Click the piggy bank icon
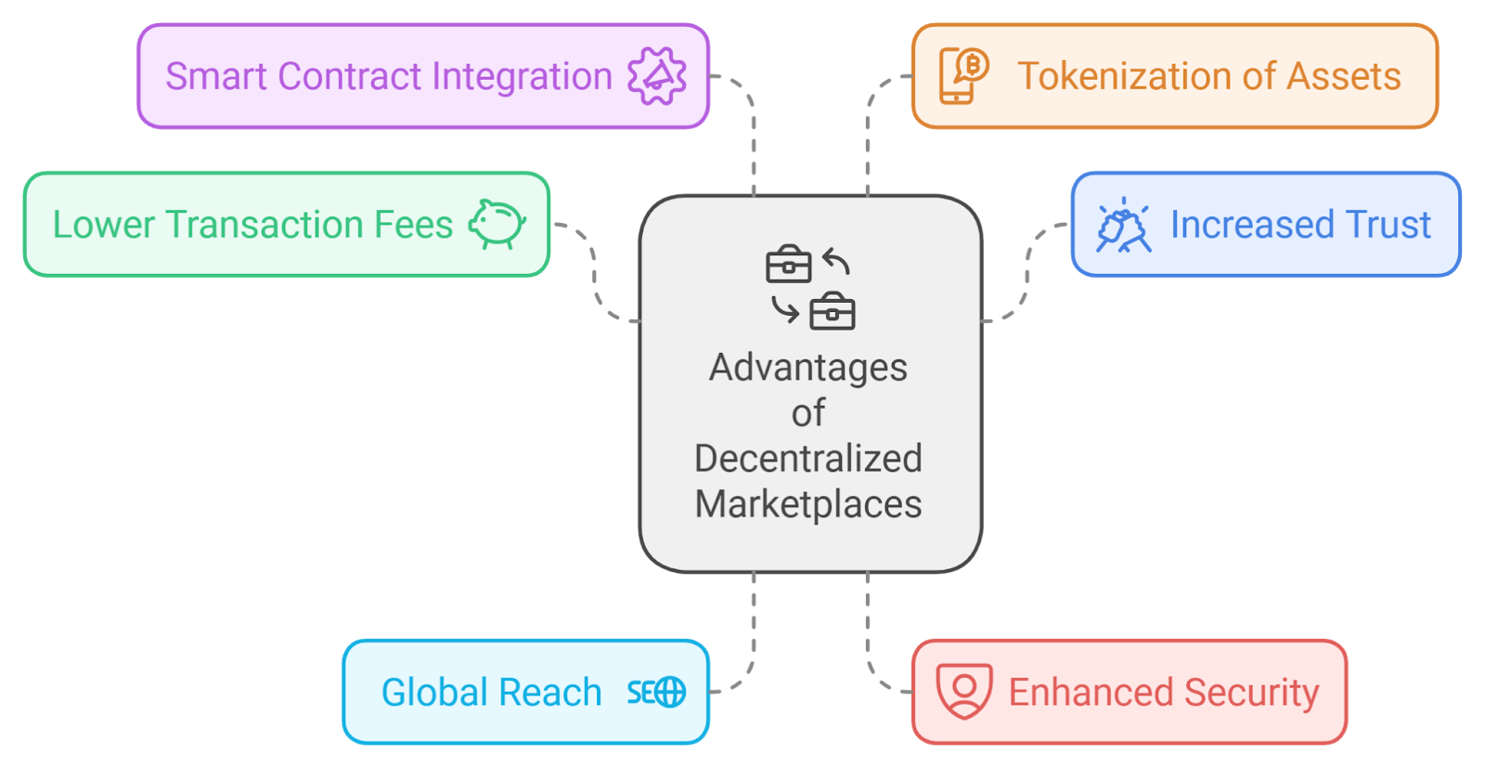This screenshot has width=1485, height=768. [497, 224]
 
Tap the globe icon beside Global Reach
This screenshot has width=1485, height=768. [668, 692]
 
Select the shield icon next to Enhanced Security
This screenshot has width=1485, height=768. [964, 691]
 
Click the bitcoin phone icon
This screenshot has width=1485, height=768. [963, 75]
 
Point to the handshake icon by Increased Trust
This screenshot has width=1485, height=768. [1123, 226]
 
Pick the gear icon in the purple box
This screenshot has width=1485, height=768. [657, 76]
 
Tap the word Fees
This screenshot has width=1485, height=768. [413, 225]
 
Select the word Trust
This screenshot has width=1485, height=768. [1388, 225]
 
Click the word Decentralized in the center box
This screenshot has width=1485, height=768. [808, 459]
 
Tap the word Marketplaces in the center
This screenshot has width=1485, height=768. [808, 504]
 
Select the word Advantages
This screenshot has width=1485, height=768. [808, 368]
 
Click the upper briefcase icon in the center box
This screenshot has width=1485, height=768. [788, 265]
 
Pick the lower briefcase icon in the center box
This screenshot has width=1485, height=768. [832, 312]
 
